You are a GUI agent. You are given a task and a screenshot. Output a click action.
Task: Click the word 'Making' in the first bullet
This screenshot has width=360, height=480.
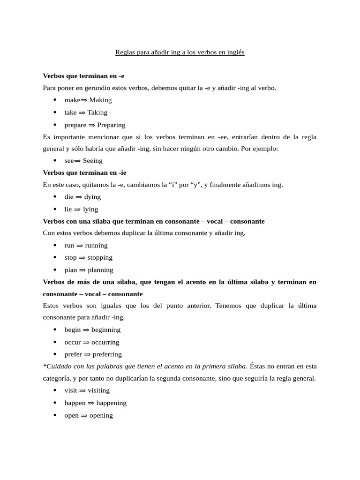(100, 100)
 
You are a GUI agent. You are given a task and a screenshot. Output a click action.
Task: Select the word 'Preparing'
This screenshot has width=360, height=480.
(111, 125)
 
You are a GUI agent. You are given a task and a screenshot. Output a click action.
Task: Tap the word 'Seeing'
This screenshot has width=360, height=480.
(92, 161)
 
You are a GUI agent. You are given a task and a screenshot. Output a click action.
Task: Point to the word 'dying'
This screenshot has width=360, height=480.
(92, 197)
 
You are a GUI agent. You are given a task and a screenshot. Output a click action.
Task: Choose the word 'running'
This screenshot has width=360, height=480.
(96, 245)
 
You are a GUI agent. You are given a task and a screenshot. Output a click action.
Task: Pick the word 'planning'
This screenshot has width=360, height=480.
(100, 270)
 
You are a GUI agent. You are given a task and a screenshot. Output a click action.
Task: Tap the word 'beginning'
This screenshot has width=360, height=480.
(106, 330)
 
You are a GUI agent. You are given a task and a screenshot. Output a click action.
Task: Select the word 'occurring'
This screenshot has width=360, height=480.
(105, 342)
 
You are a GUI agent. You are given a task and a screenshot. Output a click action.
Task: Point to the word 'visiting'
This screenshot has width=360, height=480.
(98, 390)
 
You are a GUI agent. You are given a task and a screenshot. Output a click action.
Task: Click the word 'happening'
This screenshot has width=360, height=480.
(112, 403)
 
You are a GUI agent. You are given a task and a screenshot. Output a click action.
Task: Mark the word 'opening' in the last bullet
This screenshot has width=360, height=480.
(101, 415)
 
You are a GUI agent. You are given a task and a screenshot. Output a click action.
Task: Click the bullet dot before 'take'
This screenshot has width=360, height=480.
(55, 112)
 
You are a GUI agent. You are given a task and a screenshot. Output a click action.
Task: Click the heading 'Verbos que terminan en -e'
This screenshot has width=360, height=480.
(83, 75)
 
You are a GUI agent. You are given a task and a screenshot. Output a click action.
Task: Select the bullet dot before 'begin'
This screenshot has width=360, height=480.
(55, 330)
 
